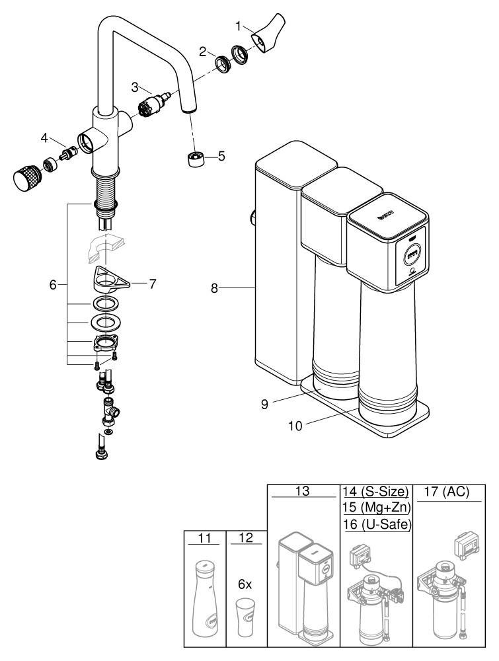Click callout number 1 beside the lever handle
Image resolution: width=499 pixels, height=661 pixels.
coord(239,27)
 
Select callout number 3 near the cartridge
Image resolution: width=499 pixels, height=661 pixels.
coord(134,87)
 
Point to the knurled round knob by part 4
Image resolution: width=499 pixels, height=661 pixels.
coord(24,177)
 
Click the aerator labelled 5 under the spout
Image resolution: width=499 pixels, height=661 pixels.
coord(194,159)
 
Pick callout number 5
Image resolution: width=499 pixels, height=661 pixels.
coord(221,156)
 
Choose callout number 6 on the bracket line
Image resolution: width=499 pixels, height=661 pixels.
coord(53,284)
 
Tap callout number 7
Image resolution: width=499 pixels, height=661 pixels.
coord(152,284)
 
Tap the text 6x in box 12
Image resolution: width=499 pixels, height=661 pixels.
coord(245,585)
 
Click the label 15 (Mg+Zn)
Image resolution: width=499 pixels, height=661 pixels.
coord(375,508)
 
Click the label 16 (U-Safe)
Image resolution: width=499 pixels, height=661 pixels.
coord(375,525)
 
